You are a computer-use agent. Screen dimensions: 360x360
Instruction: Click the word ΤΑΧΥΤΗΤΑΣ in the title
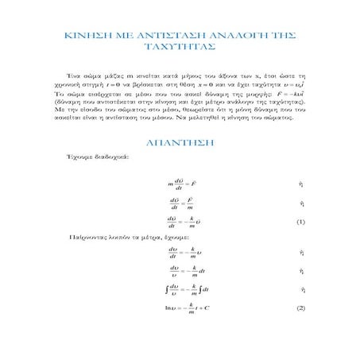click(179, 47)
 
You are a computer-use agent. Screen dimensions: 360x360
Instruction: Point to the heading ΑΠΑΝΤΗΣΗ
click(179, 143)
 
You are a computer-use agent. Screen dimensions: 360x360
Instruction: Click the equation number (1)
click(300, 222)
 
